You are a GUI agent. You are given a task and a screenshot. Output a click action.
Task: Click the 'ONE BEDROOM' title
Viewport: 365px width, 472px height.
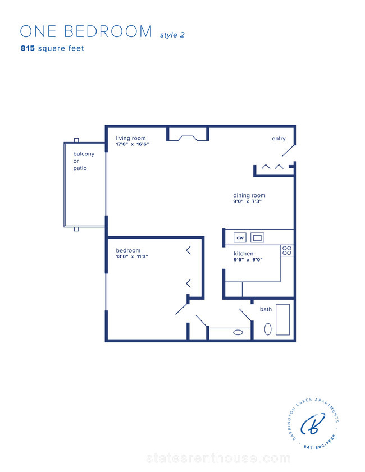tap(86, 31)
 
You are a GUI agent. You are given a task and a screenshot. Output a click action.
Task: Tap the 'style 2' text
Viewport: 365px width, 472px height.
tap(172, 35)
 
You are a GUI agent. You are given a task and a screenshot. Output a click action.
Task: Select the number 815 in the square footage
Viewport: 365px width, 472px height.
tap(28, 48)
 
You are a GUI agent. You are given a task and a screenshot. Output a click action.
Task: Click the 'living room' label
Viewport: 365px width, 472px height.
tap(131, 138)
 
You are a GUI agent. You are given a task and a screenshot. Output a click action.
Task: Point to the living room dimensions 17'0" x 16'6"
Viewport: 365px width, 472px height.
tap(132, 144)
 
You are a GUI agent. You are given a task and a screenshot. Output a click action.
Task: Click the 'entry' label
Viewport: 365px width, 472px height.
tap(279, 139)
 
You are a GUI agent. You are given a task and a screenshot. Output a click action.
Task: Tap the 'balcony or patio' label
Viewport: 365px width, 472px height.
tap(84, 161)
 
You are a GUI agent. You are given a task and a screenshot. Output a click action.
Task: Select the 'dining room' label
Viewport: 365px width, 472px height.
tap(249, 195)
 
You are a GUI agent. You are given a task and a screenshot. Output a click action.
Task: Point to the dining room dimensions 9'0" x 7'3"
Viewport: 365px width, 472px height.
tap(247, 201)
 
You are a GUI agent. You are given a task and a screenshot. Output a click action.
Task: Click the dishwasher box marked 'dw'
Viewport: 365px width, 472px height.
tap(240, 237)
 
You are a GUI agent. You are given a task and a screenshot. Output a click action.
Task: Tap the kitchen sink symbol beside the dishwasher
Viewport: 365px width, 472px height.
tap(257, 237)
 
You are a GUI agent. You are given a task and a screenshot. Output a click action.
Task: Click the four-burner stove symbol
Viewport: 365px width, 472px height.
tap(287, 250)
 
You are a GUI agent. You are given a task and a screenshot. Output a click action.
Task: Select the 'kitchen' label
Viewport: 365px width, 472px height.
tap(243, 254)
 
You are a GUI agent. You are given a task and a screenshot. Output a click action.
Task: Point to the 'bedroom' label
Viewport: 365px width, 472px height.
tap(128, 250)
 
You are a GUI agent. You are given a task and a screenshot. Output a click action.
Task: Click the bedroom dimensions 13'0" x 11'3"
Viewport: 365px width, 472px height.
tap(132, 257)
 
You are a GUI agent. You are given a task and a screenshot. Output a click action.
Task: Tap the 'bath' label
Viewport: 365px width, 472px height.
tap(266, 309)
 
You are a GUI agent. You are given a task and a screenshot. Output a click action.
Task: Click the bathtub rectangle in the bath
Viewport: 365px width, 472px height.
tap(283, 319)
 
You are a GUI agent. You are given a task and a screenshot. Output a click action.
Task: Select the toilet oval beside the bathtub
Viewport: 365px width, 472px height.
tap(268, 329)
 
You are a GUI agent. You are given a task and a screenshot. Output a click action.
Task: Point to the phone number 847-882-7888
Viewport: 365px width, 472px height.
tap(320, 442)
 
